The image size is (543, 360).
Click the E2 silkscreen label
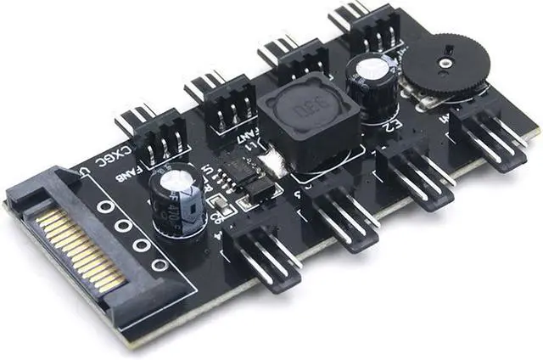(393, 127)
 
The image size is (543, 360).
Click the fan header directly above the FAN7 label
(222, 100)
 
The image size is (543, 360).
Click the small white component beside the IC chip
(270, 161)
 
